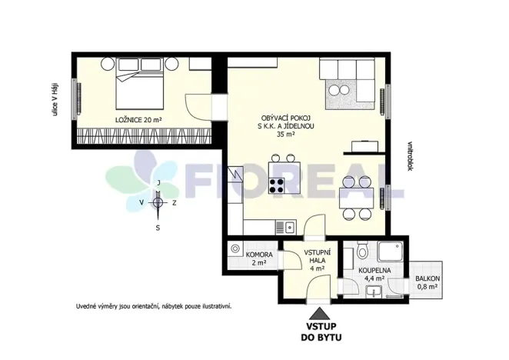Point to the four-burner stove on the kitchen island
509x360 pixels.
pyautogui.click(x=277, y=185)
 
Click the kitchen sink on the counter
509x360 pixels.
pyautogui.click(x=290, y=226)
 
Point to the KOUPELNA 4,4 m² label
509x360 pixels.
pyautogui.click(x=374, y=275)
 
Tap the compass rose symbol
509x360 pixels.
pyautogui.click(x=157, y=203)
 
